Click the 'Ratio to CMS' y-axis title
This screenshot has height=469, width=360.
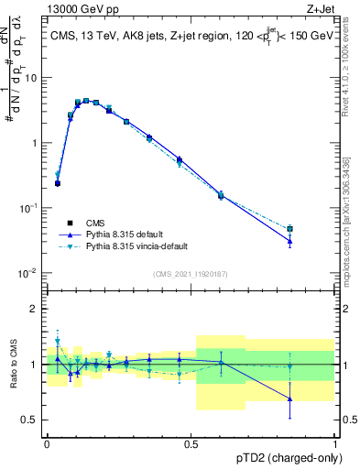coord(13,365)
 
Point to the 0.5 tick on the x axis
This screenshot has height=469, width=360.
coord(191,442)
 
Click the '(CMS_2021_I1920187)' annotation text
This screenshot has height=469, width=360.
coord(191,273)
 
